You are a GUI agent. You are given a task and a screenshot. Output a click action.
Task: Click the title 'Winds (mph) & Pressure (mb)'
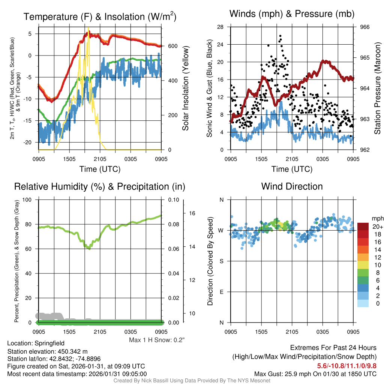point(292,14)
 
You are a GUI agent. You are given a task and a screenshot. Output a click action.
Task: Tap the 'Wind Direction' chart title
point(292,186)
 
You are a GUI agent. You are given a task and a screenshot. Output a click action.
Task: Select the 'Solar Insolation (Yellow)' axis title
point(186,88)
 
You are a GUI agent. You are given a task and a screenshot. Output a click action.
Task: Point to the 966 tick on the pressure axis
point(365,27)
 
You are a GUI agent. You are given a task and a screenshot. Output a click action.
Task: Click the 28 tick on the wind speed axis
point(220,27)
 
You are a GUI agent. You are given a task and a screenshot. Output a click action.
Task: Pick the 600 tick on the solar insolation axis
point(172,46)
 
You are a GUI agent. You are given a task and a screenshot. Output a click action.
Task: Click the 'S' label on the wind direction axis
point(221,261)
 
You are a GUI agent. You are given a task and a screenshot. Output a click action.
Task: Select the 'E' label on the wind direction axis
point(221,292)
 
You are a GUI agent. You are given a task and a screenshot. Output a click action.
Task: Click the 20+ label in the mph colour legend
point(377,226)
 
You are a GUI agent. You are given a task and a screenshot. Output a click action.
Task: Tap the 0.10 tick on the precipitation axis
point(173,199)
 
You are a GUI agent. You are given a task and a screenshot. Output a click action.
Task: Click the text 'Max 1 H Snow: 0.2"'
point(157,340)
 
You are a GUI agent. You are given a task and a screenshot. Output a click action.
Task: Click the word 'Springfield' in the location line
point(49,343)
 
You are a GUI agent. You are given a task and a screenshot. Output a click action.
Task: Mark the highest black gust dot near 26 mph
point(280,36)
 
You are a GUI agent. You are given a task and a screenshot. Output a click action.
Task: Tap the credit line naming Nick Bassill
point(192,381)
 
